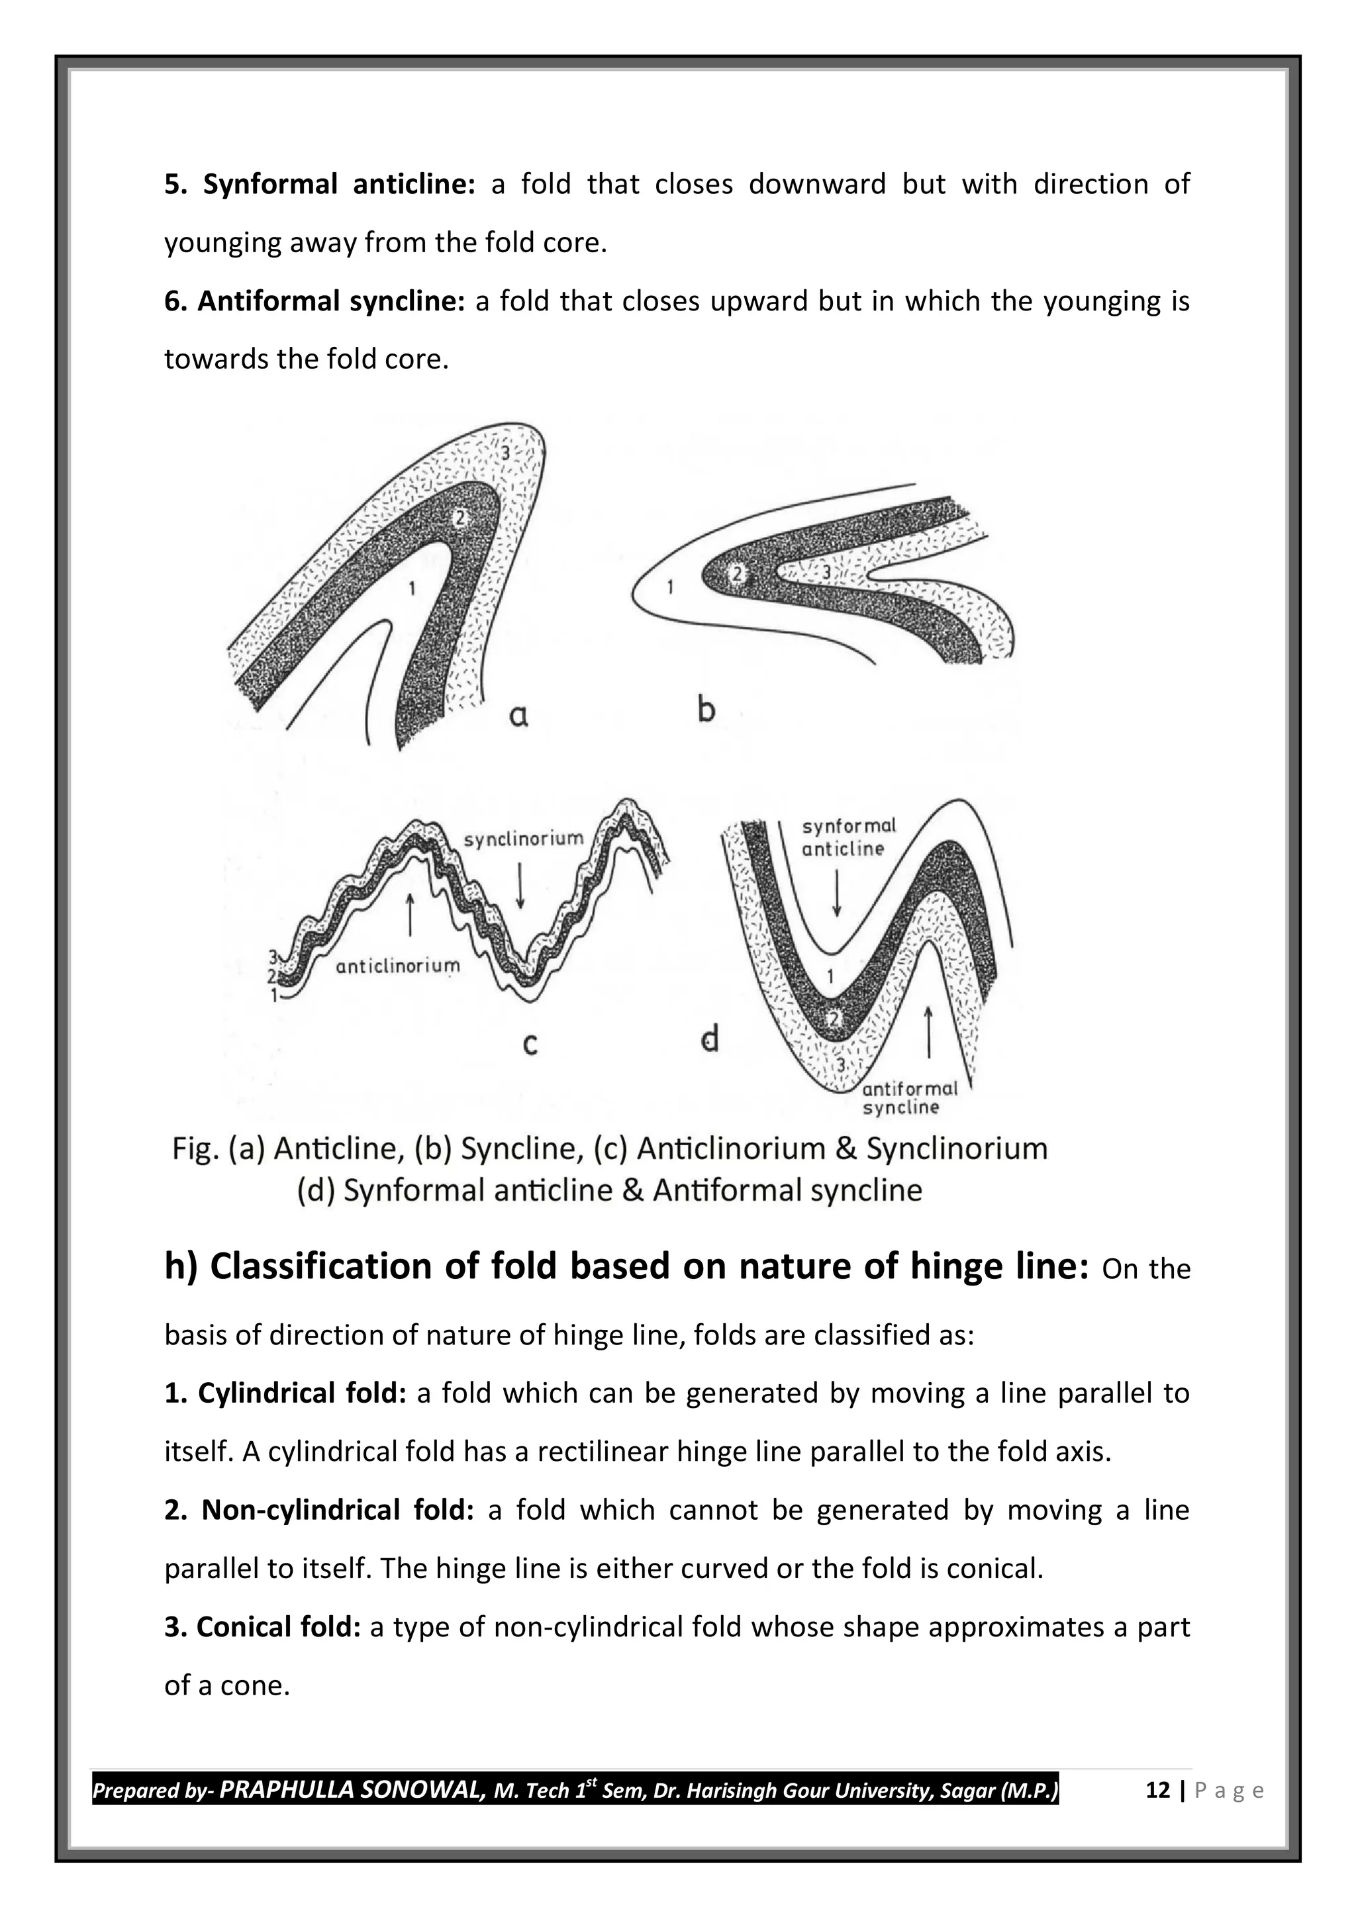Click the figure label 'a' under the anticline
pyautogui.click(x=518, y=716)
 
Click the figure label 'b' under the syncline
pyautogui.click(x=706, y=710)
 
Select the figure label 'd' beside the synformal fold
pyautogui.click(x=710, y=1039)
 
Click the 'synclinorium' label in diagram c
pyautogui.click(x=524, y=838)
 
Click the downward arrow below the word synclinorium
pyautogui.click(x=520, y=884)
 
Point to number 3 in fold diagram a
pyautogui.click(x=506, y=453)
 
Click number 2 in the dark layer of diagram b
pyautogui.click(x=736, y=574)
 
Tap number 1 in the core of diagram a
pyautogui.click(x=411, y=588)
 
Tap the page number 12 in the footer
pyautogui.click(x=1157, y=1790)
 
